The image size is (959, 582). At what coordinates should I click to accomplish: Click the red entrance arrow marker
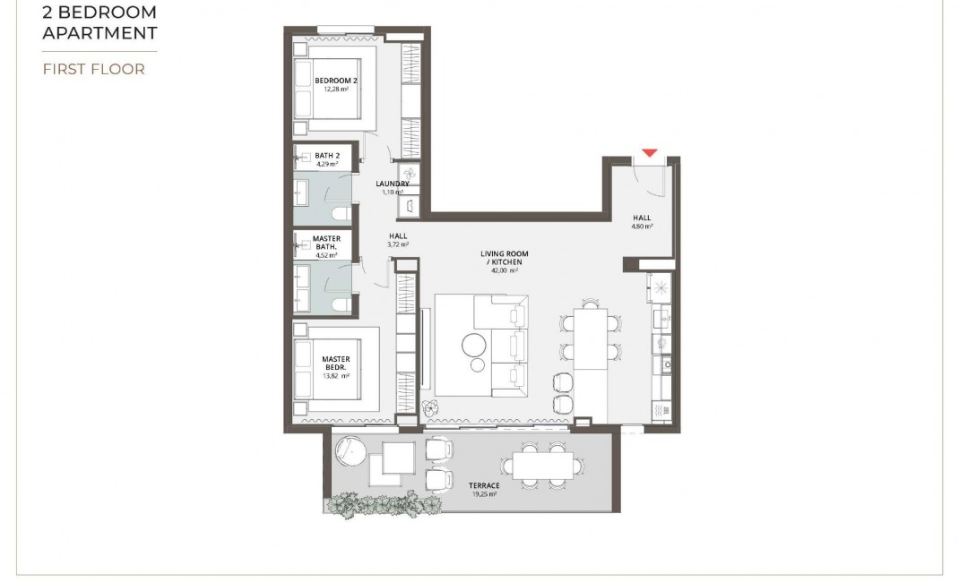[x=650, y=153]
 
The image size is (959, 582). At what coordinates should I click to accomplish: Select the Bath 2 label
[x=326, y=156]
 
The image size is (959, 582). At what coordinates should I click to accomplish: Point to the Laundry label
[x=393, y=184]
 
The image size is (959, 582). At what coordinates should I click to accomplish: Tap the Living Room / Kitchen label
[x=505, y=258]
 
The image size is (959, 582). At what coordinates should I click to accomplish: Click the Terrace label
[x=484, y=485]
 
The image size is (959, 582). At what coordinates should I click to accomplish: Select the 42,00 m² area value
[x=505, y=270]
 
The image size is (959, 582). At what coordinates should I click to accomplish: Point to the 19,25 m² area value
[x=484, y=493]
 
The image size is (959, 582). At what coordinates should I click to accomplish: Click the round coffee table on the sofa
[x=473, y=344]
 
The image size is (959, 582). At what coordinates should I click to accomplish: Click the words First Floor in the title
[x=93, y=69]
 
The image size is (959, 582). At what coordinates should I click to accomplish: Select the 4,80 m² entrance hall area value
[x=641, y=227]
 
